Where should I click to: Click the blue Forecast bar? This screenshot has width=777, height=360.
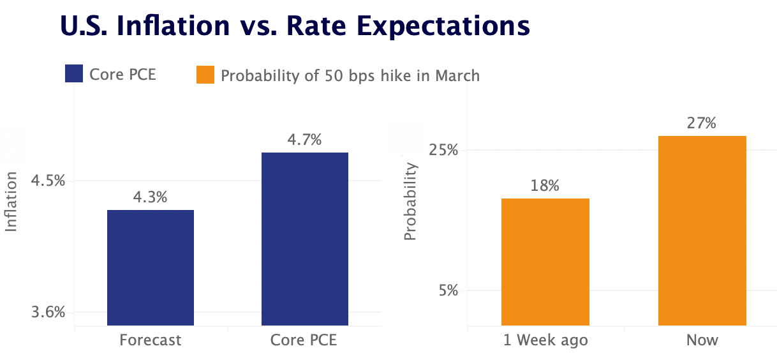pyautogui.click(x=151, y=267)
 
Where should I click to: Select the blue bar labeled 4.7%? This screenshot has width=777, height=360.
pyautogui.click(x=304, y=239)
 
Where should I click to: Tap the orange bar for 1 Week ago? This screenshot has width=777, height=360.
pyautogui.click(x=545, y=262)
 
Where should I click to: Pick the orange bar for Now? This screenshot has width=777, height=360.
pyautogui.click(x=702, y=230)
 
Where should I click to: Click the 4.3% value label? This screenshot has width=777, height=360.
pyautogui.click(x=150, y=197)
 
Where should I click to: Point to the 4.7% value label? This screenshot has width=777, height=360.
pyautogui.click(x=304, y=140)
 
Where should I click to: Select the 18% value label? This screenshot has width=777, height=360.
pyautogui.click(x=545, y=186)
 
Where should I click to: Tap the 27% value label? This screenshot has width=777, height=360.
pyautogui.click(x=702, y=123)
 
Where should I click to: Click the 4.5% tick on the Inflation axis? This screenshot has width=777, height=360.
pyautogui.click(x=48, y=181)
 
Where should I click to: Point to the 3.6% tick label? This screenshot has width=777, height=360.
pyautogui.click(x=48, y=313)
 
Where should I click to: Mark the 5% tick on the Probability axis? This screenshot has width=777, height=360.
pyautogui.click(x=448, y=291)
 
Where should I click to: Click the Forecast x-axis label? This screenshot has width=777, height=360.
pyautogui.click(x=151, y=340)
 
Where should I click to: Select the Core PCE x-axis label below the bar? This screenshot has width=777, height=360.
pyautogui.click(x=304, y=340)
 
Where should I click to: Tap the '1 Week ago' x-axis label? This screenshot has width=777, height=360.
pyautogui.click(x=545, y=340)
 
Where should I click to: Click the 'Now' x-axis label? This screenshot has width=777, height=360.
pyautogui.click(x=702, y=340)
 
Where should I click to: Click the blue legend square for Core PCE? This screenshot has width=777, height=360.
pyautogui.click(x=75, y=74)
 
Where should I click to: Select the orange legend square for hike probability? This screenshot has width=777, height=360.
pyautogui.click(x=205, y=75)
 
